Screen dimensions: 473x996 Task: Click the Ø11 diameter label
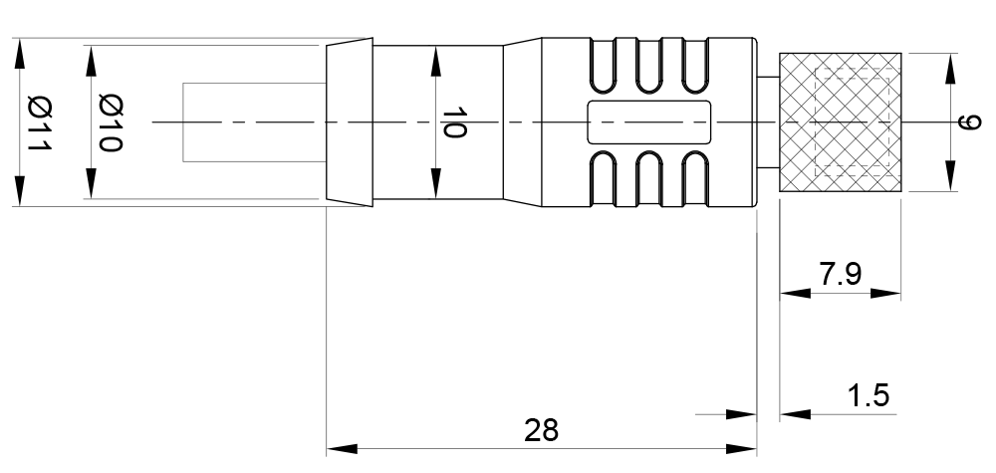click(38, 122)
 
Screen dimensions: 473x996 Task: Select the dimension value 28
click(542, 430)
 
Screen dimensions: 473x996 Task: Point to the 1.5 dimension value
click(868, 395)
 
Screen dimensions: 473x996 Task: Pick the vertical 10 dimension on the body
click(454, 122)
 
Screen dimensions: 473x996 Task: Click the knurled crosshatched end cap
click(840, 122)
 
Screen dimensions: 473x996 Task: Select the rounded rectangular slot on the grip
click(649, 122)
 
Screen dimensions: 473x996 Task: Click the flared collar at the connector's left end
click(350, 122)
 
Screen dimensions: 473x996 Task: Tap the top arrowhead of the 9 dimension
click(948, 66)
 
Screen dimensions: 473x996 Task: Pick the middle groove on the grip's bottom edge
click(649, 182)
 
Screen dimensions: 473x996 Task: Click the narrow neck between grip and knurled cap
click(768, 122)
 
